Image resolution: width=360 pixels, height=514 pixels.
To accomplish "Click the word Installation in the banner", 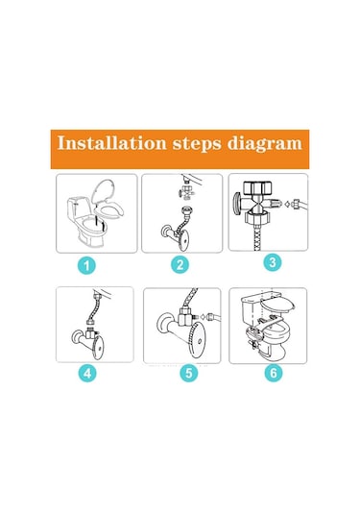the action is (x=111, y=143).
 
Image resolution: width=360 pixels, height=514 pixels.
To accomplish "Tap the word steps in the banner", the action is (x=197, y=144).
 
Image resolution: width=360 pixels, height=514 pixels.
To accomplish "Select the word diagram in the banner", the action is (x=265, y=144).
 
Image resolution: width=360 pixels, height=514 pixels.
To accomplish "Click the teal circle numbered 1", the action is (x=86, y=265).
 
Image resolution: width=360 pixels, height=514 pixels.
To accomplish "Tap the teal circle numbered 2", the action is (x=180, y=265).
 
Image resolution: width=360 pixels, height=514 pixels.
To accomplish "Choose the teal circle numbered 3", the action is (x=273, y=262).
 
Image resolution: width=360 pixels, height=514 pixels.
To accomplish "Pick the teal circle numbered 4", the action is (x=87, y=373).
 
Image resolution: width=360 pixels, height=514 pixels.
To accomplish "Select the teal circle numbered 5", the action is (x=189, y=373).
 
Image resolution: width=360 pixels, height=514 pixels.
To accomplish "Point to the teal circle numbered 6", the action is (x=274, y=373).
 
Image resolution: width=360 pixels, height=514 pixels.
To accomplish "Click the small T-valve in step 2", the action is (x=186, y=192).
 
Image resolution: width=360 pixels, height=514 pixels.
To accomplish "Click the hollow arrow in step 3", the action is (x=287, y=204).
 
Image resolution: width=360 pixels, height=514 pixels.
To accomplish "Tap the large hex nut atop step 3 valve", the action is (x=258, y=188).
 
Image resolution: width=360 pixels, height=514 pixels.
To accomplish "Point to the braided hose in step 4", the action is (x=94, y=308).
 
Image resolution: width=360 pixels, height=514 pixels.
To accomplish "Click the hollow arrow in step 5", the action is (x=204, y=317).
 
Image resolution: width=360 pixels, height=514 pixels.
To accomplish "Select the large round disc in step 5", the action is (x=200, y=342).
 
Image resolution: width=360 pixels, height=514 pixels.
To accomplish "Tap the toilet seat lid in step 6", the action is (x=278, y=305).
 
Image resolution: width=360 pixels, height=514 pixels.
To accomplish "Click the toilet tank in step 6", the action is (x=252, y=310).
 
